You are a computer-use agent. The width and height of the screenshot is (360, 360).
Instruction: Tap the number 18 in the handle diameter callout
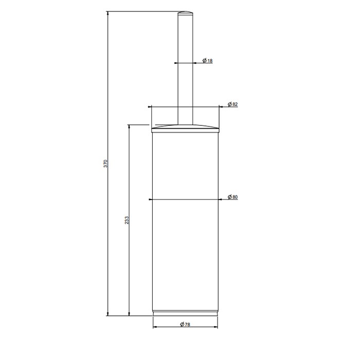[210, 61]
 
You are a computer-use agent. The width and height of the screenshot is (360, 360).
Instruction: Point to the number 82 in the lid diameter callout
[235, 104]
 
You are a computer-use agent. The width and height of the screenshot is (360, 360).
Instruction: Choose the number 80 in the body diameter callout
[235, 197]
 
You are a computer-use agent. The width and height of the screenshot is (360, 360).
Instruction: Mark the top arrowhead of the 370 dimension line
[108, 13]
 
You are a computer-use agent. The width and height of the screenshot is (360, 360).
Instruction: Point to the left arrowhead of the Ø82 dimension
[151, 107]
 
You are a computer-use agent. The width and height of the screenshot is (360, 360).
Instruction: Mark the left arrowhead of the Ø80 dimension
[151, 200]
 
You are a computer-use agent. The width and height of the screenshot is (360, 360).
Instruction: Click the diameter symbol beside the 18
[205, 61]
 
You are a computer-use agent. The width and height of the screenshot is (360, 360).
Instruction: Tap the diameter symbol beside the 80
[229, 197]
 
